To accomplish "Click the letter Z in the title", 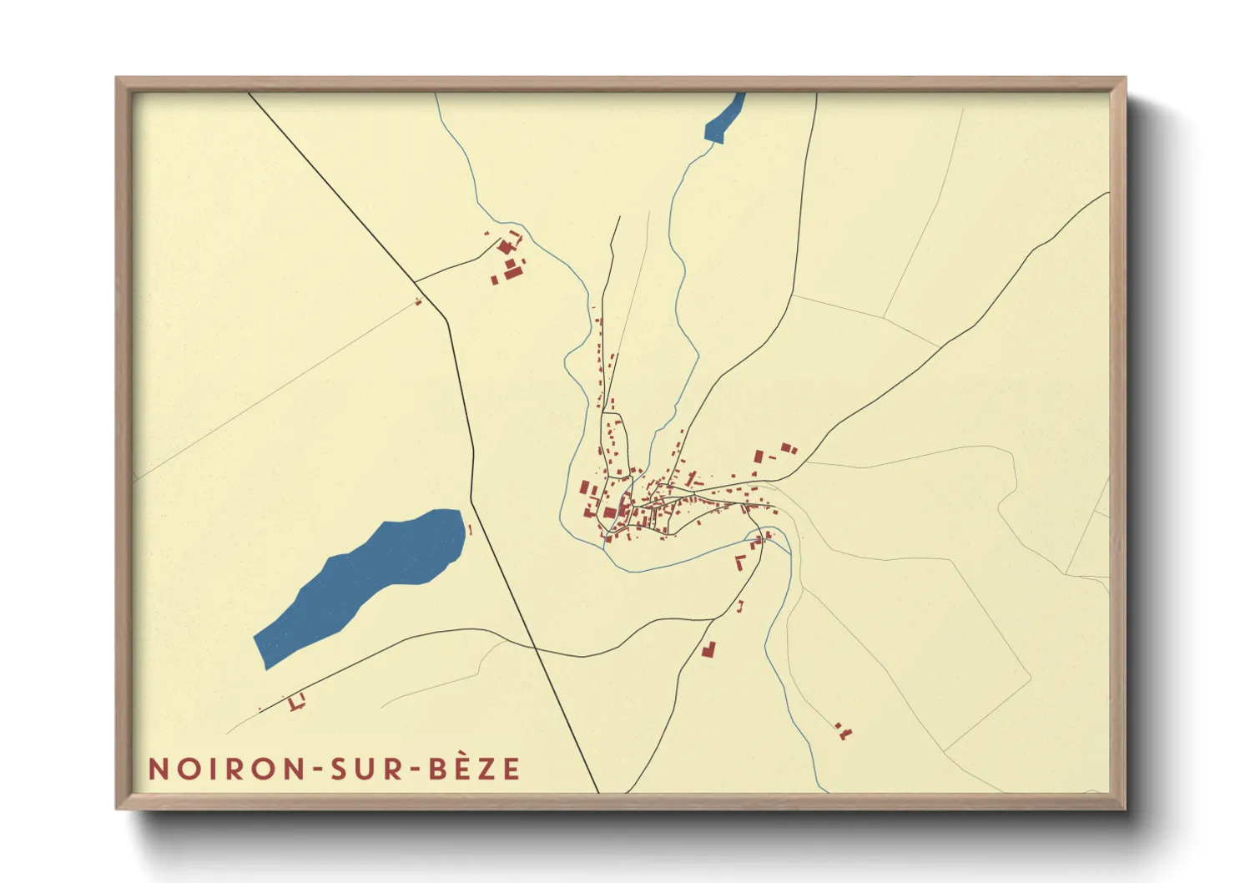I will tap(488, 769).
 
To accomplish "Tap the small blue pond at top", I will tap(723, 121).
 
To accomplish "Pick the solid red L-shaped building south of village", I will tap(708, 648).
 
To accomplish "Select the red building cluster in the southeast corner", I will tap(844, 732).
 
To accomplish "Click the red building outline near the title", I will tap(295, 703).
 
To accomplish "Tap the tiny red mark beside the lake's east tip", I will tap(470, 529).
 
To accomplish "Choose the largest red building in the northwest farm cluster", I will tap(513, 272).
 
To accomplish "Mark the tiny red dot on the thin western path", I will tap(418, 301).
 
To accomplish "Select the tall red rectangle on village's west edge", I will tap(585, 487).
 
